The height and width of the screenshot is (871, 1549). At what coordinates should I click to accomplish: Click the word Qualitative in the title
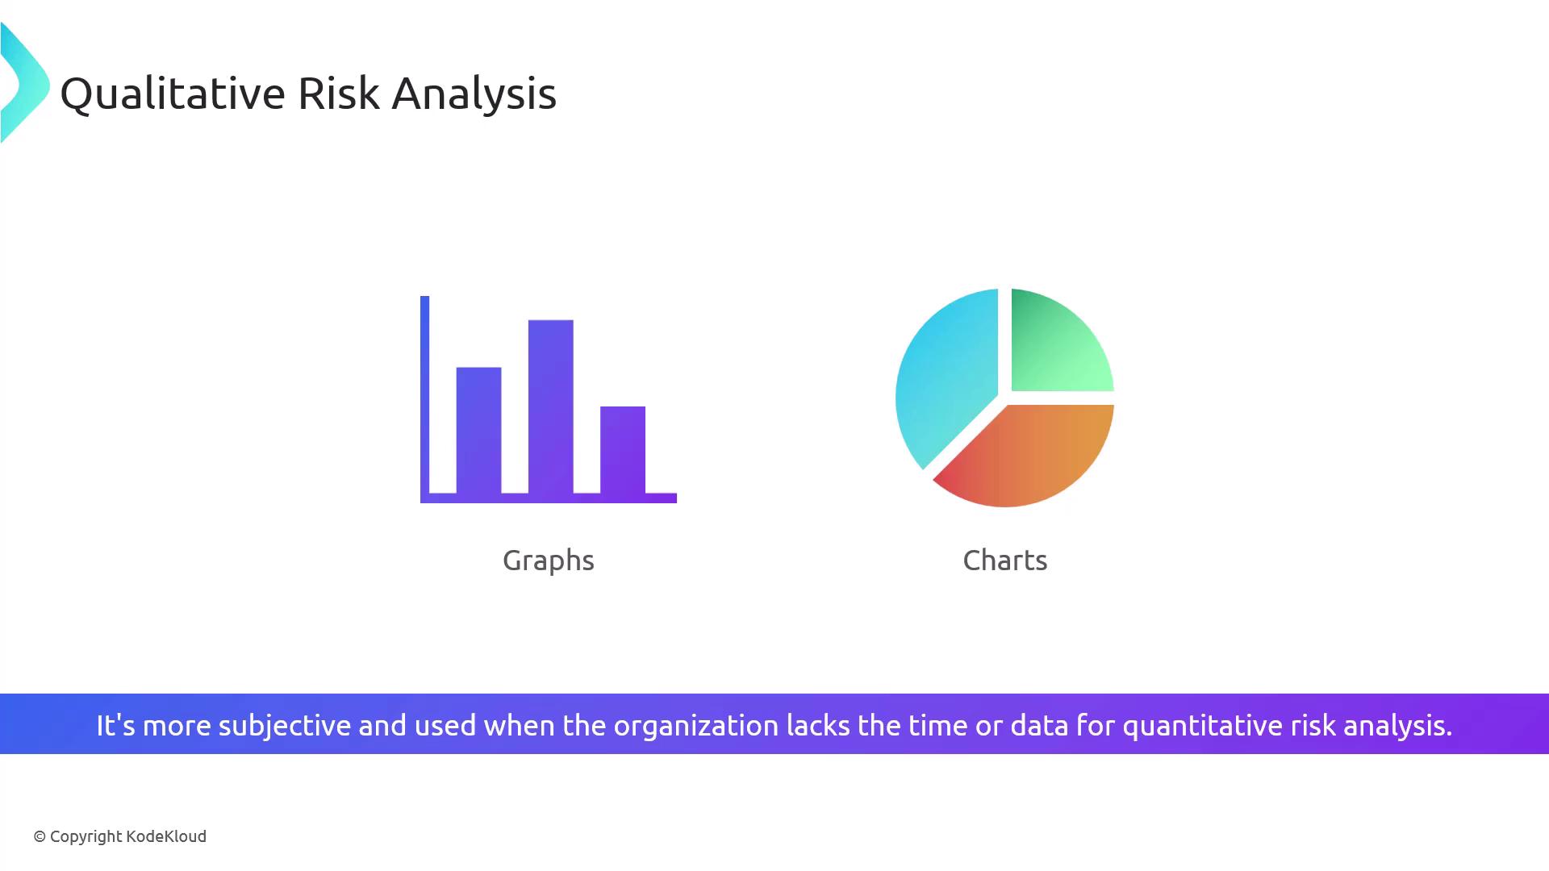click(x=173, y=94)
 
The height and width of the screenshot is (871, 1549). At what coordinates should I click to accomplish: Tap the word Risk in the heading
click(x=339, y=93)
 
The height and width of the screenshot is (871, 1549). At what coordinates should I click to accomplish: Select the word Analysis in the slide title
click(x=474, y=94)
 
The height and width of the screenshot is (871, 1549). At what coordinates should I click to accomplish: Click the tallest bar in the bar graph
click(x=551, y=406)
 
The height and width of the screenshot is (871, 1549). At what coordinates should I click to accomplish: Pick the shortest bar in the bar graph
click(x=623, y=450)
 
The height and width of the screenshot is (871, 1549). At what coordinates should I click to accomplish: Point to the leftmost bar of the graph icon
click(x=479, y=431)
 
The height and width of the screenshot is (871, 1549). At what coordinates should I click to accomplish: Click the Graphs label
click(x=549, y=561)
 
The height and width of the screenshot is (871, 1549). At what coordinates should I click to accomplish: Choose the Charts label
click(x=1005, y=560)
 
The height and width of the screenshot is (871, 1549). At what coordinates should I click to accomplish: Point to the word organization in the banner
click(x=696, y=726)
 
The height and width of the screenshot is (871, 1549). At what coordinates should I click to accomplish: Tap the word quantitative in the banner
click(x=1203, y=726)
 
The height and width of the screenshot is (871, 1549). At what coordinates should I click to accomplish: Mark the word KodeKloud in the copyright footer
click(x=166, y=836)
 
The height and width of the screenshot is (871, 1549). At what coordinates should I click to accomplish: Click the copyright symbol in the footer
click(x=40, y=837)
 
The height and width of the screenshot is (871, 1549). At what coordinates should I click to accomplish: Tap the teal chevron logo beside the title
click(x=25, y=83)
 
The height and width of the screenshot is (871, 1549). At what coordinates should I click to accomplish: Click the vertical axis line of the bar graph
click(x=425, y=399)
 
